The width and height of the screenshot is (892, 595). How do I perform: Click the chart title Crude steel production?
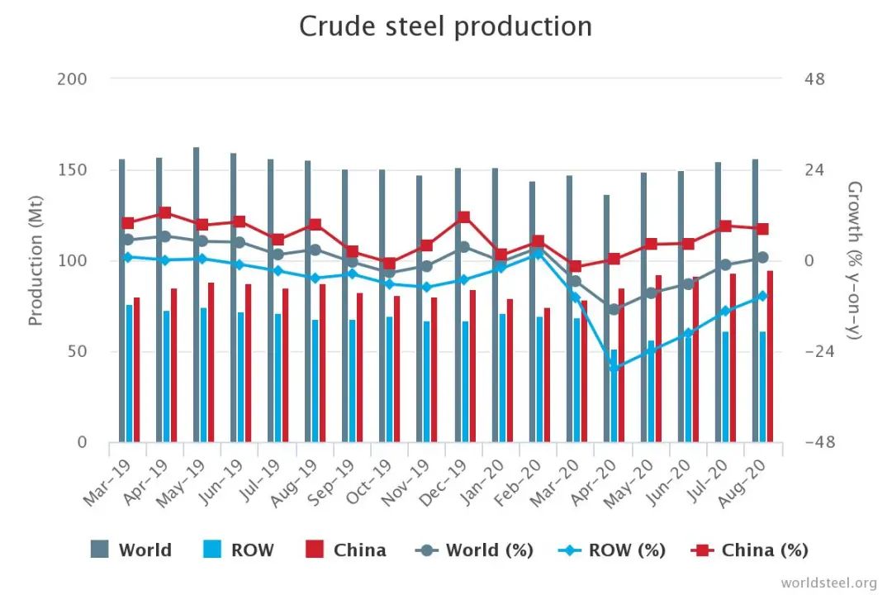pyautogui.click(x=445, y=26)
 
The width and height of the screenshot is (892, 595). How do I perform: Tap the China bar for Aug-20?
pyautogui.click(x=770, y=356)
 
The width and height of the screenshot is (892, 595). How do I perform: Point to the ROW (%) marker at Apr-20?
pyautogui.click(x=614, y=368)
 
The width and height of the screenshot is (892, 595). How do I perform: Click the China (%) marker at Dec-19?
pyautogui.click(x=464, y=217)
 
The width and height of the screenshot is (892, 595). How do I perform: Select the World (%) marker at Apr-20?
pyautogui.click(x=614, y=309)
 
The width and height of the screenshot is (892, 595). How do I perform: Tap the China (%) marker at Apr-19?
pyautogui.click(x=165, y=213)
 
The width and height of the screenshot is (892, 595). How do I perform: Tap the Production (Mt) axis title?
pyautogui.click(x=36, y=261)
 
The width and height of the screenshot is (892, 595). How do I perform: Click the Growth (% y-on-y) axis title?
pyautogui.click(x=856, y=261)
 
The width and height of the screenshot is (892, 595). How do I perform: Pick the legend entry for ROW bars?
pyautogui.click(x=238, y=550)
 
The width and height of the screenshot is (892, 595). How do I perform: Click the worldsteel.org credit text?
pyautogui.click(x=828, y=582)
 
